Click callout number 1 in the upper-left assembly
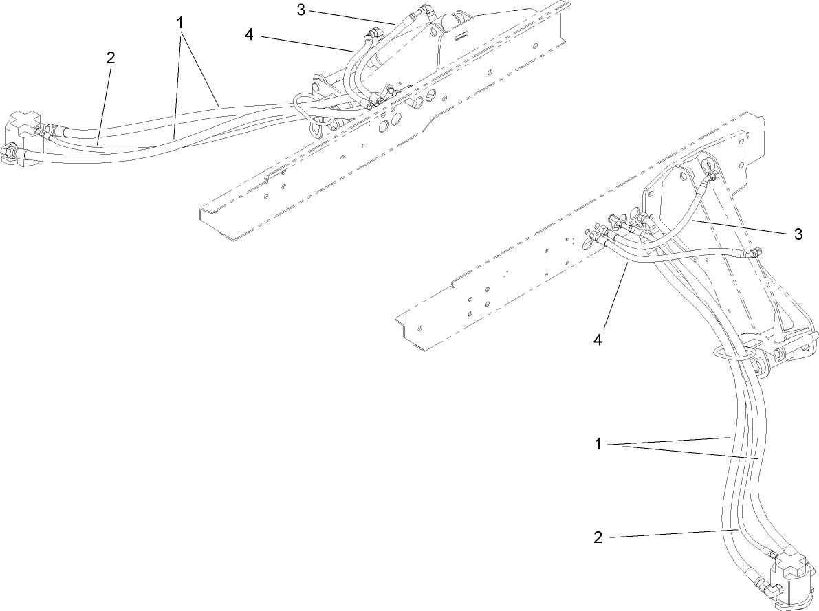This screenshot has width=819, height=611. [x=180, y=23]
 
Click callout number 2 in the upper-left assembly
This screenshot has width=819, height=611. [x=110, y=58]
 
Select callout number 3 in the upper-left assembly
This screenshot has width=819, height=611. [x=301, y=10]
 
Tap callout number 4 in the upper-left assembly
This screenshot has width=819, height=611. [x=249, y=34]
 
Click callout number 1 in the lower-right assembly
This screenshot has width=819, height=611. [x=598, y=444]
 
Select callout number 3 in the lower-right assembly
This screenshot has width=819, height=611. [x=798, y=234]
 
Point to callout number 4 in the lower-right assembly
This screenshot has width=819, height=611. [x=598, y=340]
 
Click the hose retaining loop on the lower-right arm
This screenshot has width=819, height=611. [x=729, y=355]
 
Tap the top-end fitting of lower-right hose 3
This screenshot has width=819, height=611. [x=709, y=177]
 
